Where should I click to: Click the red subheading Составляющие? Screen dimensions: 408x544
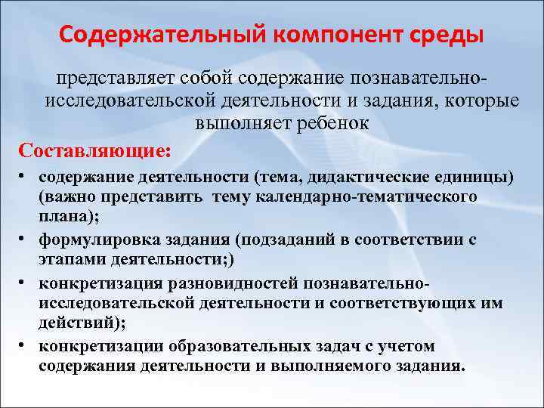(x=86, y=150)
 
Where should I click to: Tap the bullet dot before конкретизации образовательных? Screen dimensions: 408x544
(x=24, y=343)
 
